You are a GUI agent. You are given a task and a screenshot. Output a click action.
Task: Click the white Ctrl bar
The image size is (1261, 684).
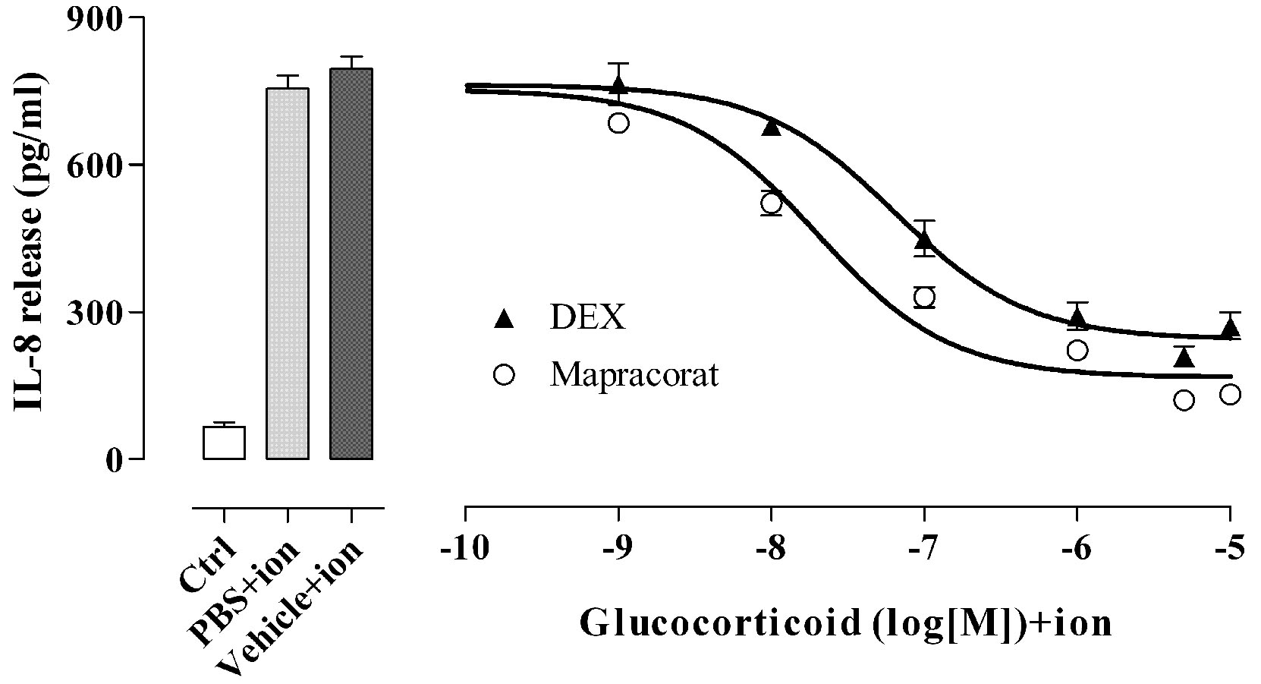click(224, 443)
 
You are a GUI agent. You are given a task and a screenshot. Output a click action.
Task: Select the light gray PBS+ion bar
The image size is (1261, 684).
click(287, 273)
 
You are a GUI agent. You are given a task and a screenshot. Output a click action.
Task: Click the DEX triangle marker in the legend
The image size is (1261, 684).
click(503, 319)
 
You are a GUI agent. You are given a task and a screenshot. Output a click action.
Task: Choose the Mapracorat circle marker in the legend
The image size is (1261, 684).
click(503, 374)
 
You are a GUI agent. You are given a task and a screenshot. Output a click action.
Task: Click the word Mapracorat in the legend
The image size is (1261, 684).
click(634, 375)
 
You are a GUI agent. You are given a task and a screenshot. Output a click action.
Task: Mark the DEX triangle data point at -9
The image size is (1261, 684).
click(619, 85)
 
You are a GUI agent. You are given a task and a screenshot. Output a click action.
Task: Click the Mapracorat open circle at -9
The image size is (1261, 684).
click(618, 123)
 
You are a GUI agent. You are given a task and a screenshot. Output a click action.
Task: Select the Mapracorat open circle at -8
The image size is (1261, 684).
click(771, 203)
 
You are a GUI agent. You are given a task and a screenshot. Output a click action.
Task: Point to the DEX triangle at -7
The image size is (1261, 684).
click(924, 240)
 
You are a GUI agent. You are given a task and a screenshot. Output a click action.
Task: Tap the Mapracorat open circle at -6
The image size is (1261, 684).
click(1077, 350)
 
